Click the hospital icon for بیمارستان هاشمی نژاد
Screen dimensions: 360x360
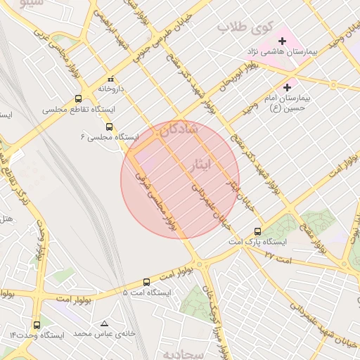(283, 41)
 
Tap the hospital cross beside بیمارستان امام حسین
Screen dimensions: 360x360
(287, 86)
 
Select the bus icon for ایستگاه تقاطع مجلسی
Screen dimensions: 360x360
(78, 99)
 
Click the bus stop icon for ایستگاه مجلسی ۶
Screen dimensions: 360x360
(109, 127)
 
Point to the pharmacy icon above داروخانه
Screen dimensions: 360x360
(110, 79)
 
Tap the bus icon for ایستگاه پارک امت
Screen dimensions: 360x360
(257, 231)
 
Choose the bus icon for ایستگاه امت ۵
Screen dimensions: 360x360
(146, 281)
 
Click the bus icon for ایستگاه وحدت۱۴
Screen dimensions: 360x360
(37, 325)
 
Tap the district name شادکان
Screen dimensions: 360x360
(179, 130)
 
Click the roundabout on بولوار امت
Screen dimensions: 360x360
(200, 264)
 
